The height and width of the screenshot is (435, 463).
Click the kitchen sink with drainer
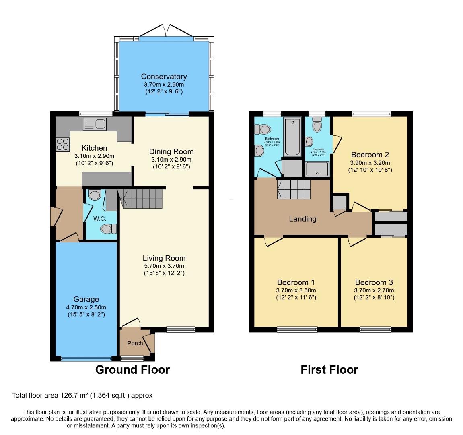(x=94, y=124)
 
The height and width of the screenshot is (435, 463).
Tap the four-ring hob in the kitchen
(x=62, y=144)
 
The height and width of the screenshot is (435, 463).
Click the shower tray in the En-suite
(x=317, y=169)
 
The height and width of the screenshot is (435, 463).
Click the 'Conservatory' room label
(x=164, y=77)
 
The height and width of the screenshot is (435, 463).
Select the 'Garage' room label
(x=86, y=299)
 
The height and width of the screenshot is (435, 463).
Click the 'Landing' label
(x=302, y=219)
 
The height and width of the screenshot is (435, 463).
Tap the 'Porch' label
(x=135, y=343)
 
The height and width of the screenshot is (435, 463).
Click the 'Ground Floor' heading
(x=132, y=369)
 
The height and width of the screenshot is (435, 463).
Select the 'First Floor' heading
(x=329, y=369)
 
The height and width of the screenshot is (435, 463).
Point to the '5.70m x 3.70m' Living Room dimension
(x=164, y=266)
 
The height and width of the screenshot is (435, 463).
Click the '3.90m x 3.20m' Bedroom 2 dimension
(x=370, y=163)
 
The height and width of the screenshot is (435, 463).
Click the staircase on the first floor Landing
(x=294, y=189)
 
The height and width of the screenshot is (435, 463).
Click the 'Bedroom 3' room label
(x=374, y=282)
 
